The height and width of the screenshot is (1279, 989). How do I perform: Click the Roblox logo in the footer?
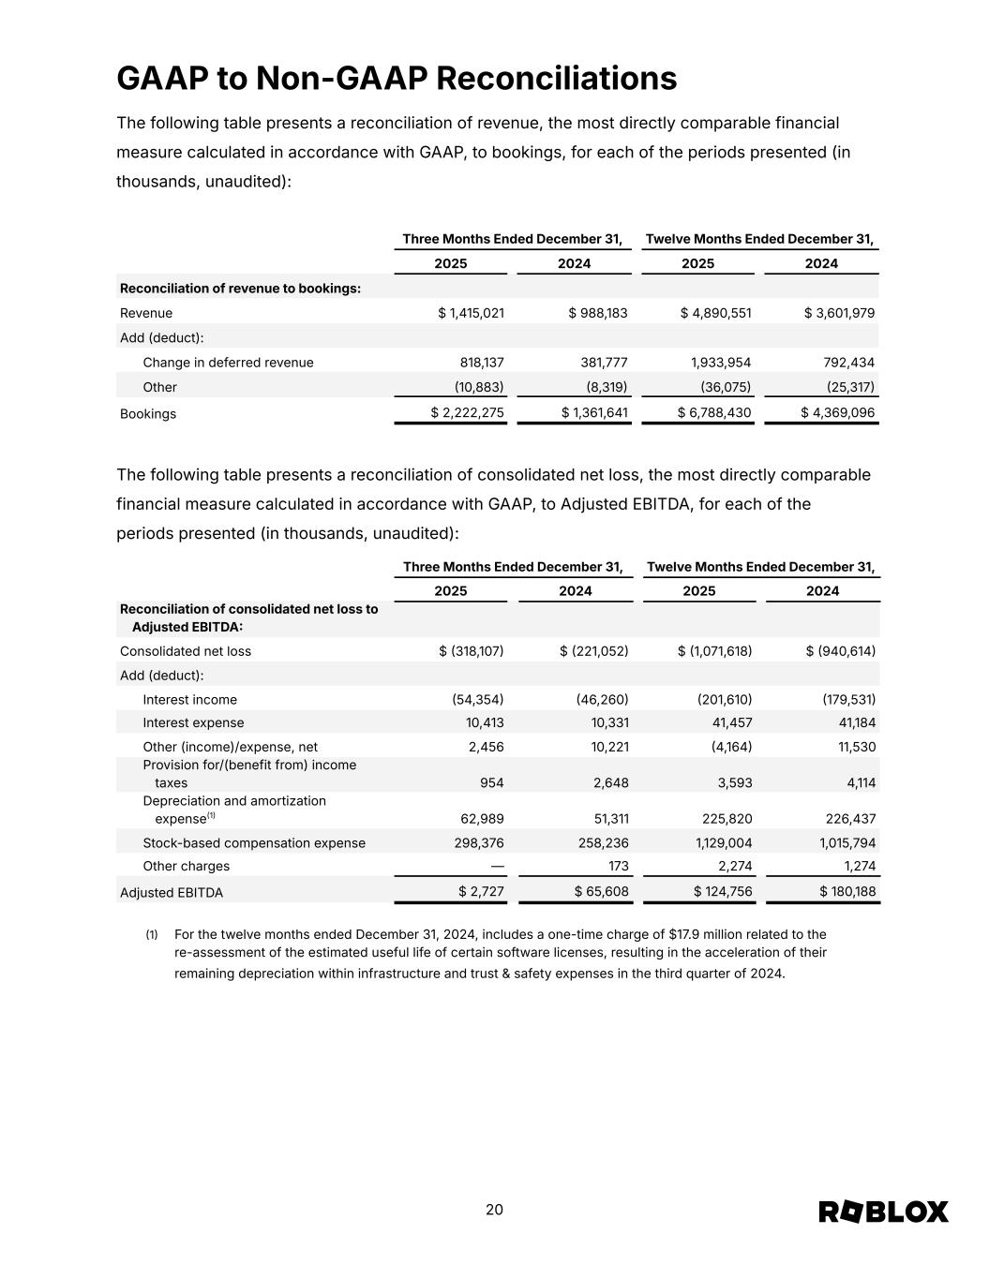coord(883,1212)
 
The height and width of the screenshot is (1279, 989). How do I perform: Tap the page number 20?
coord(494,1210)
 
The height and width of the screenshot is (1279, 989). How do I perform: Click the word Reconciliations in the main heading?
coord(557,79)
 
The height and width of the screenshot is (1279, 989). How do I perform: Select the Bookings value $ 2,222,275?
coord(467,413)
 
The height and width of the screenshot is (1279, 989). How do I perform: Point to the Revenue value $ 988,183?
coord(597,313)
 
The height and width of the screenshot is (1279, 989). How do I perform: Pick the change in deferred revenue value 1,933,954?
coord(714,363)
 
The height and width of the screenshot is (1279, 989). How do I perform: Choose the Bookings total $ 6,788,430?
coord(715,413)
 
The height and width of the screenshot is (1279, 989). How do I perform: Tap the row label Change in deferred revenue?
coord(228,363)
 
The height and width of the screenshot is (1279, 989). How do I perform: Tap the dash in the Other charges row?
coord(497,867)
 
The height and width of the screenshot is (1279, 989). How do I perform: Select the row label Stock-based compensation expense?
coord(254,843)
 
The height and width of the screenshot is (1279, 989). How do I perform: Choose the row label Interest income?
coord(189,700)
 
